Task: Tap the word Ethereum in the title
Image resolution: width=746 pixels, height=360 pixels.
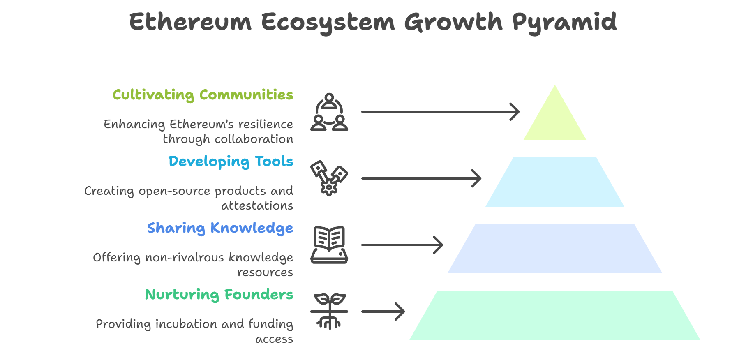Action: point(190,22)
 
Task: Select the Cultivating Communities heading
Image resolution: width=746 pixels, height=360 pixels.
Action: point(203,95)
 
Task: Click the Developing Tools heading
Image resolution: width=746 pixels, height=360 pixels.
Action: point(231,162)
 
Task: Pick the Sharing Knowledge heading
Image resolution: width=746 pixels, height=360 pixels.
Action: point(220,228)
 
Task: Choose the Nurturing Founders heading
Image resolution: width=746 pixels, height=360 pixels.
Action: point(219,295)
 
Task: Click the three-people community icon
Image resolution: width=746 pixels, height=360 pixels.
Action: point(329,112)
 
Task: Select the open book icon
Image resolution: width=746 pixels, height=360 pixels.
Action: point(329,245)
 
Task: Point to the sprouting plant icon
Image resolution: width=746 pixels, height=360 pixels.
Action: point(329,312)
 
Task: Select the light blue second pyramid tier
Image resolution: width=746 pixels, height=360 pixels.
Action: point(555,182)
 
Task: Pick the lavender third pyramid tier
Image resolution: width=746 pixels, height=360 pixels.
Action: point(555,249)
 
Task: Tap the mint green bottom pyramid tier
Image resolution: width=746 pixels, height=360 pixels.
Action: point(555,315)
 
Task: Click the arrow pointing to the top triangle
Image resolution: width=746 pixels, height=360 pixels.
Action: point(440,112)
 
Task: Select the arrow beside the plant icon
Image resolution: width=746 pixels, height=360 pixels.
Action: point(383,312)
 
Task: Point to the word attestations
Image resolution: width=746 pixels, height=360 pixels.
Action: point(257,205)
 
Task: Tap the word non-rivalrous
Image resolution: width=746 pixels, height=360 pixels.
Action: point(185,258)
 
